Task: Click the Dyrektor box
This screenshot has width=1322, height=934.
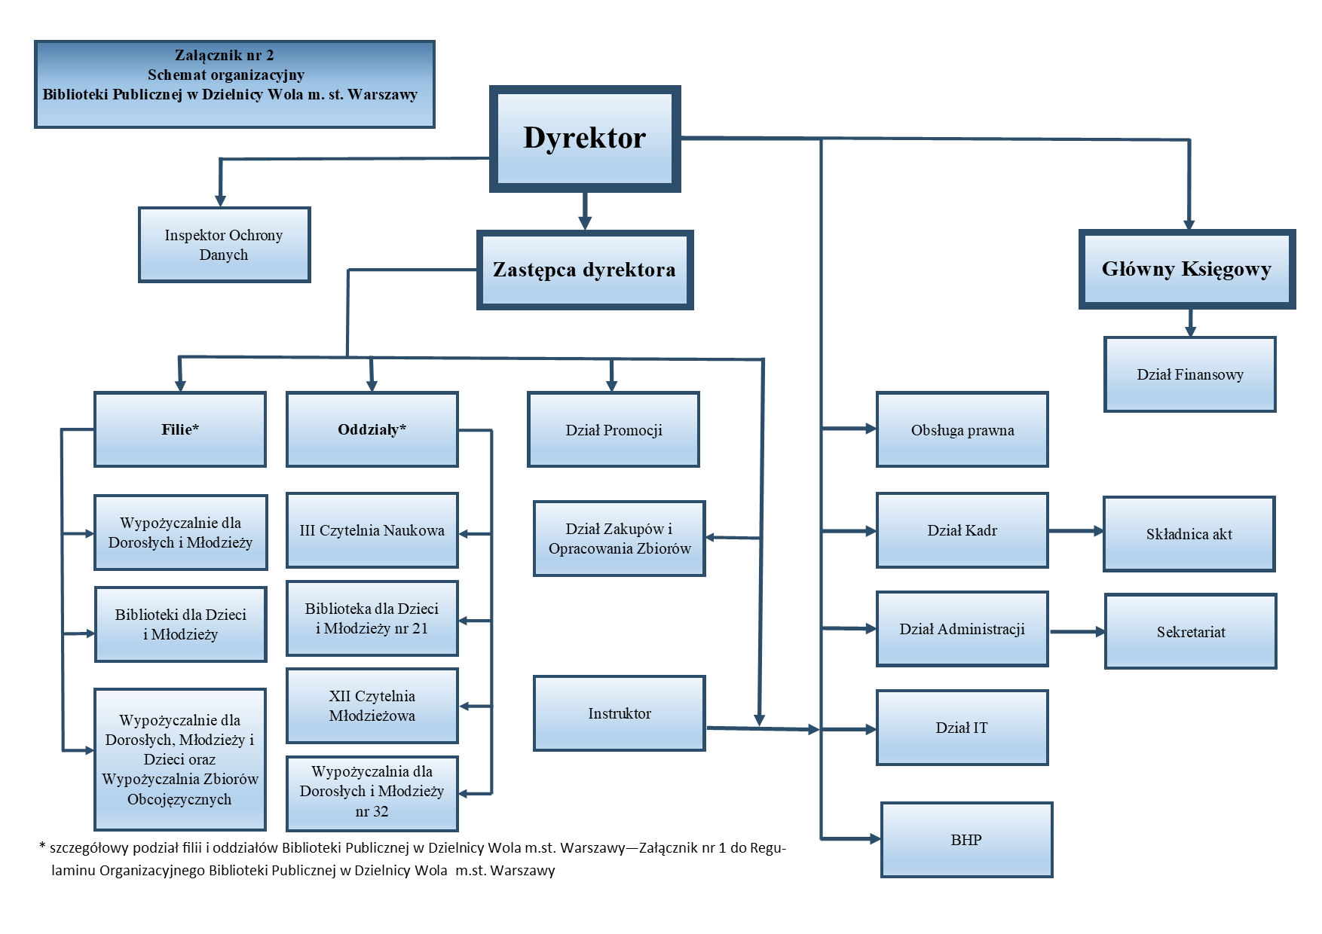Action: pos(585,139)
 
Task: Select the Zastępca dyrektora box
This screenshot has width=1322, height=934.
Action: pos(585,270)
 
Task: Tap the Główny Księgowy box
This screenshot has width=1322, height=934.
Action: pos(1186,269)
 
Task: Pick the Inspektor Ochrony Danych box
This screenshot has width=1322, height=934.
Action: pos(224,245)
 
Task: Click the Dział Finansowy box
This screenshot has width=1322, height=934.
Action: pos(1189,374)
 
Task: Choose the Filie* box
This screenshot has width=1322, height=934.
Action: pos(180,429)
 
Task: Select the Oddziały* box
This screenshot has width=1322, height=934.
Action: pos(372,429)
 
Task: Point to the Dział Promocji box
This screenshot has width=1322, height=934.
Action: pos(614,429)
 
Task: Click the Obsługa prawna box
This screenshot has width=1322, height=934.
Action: pos(962,429)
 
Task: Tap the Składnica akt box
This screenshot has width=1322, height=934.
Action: pos(1189,534)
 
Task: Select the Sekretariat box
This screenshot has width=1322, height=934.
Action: pos(1190,631)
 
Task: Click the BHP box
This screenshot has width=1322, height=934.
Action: pos(966,840)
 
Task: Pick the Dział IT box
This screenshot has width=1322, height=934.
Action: pos(962,728)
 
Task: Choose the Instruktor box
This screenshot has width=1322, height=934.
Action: pos(619,713)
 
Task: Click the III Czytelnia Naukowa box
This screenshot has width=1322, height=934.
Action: pos(372,530)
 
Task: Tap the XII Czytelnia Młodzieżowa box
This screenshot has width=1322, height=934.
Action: pos(372,706)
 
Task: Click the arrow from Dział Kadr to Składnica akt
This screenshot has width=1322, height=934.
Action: pos(1076,531)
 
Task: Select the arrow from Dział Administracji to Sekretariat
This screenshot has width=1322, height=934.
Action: pos(1077,631)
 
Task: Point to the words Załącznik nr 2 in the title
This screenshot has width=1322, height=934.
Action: pos(225,55)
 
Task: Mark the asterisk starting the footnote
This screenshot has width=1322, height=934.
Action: pos(42,847)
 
